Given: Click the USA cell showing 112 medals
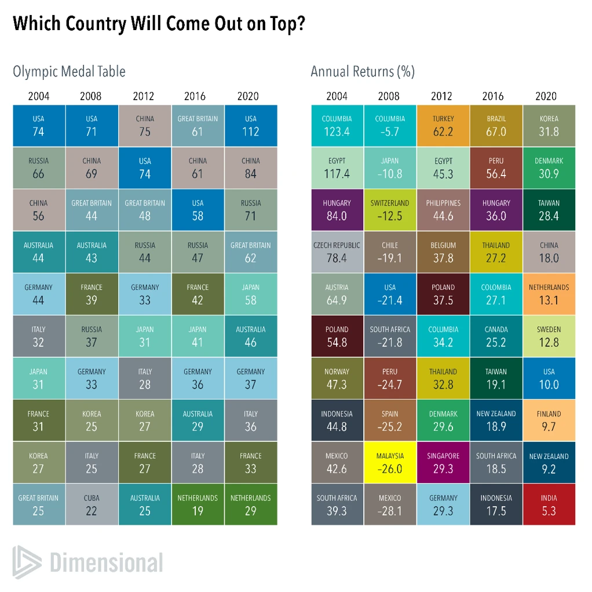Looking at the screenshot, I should pyautogui.click(x=250, y=126).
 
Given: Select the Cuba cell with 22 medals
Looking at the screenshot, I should pyautogui.click(x=92, y=505).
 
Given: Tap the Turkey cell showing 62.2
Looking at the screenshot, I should pyautogui.click(x=443, y=126).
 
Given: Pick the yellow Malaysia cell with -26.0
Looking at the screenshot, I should pyautogui.click(x=390, y=462).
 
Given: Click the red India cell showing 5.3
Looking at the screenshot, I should pyautogui.click(x=549, y=505).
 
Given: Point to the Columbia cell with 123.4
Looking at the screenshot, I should pyautogui.click(x=337, y=126).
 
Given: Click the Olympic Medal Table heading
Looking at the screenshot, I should pyautogui.click(x=69, y=72).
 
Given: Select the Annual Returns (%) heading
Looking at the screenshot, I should pyautogui.click(x=363, y=72).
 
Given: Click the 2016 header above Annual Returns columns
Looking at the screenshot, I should pyautogui.click(x=496, y=96).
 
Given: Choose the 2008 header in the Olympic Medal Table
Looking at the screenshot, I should pyautogui.click(x=91, y=96).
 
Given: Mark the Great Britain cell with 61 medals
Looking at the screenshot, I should pyautogui.click(x=198, y=126).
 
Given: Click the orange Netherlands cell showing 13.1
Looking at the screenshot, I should pyautogui.click(x=549, y=294).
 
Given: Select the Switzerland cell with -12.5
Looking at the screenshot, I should pyautogui.click(x=390, y=210).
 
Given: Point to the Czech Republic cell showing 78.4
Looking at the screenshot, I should pyautogui.click(x=337, y=252).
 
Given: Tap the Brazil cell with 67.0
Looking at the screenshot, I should pyautogui.click(x=496, y=126).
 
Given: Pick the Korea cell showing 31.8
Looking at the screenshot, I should pyautogui.click(x=549, y=126).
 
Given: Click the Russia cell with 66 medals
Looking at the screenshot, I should pyautogui.click(x=38, y=168).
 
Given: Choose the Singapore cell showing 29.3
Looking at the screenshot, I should pyautogui.click(x=443, y=462).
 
